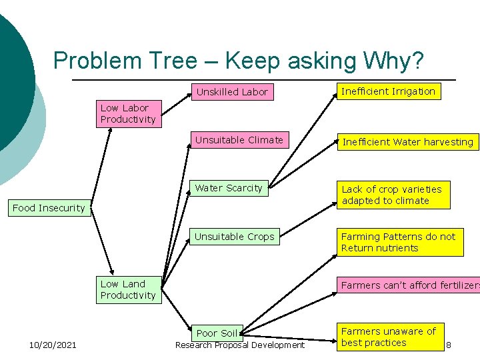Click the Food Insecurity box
click(49, 208)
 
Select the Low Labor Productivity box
click(130, 114)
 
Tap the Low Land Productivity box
click(130, 289)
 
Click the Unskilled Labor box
click(232, 92)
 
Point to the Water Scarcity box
click(229, 188)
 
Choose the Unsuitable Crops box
click(234, 237)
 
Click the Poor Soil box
click(217, 333)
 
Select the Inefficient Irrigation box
click(389, 91)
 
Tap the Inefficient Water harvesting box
click(407, 141)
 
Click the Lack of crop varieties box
click(393, 195)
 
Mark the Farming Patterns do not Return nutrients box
click(399, 243)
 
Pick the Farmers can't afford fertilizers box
click(409, 285)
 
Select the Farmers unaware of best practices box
click(389, 337)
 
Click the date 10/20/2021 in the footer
click(53, 345)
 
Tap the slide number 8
click(449, 345)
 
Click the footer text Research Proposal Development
click(240, 345)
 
